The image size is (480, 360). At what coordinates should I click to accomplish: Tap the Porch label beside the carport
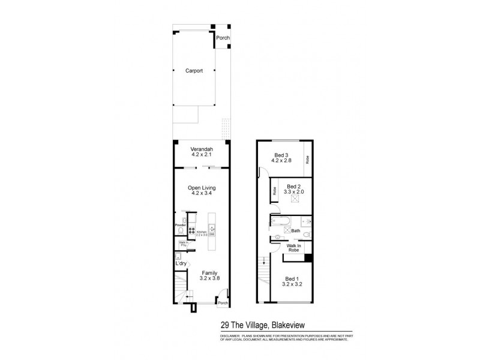pos(223,38)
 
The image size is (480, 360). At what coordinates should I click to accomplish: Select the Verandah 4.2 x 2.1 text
pos(202,152)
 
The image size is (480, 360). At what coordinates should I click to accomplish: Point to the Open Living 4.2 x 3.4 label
pos(202,190)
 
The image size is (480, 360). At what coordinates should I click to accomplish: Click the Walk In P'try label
pos(183,244)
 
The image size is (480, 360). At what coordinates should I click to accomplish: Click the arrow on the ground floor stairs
pos(188,293)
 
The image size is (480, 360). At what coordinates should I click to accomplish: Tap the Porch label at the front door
pos(223,302)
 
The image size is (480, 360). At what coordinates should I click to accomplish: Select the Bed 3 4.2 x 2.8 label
pos(281,158)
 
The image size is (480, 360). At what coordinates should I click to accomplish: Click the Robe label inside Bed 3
pos(307,160)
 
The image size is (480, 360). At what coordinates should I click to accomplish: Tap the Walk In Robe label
pos(294,248)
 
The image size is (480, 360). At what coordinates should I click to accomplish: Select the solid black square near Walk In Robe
pos(308,257)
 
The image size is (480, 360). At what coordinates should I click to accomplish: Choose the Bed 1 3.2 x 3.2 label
pos(291,281)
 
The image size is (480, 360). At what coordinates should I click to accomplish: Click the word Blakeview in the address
pos(290,325)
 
